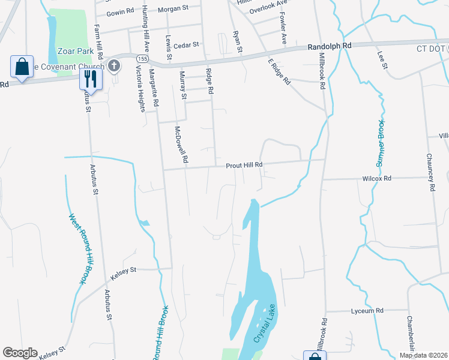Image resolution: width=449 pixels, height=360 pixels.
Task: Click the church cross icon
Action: (x=115, y=65)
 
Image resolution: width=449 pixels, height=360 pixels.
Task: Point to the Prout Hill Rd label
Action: (x=244, y=165)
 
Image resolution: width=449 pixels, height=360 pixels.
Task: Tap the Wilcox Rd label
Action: (x=377, y=179)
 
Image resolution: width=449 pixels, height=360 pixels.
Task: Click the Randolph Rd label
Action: (x=328, y=46)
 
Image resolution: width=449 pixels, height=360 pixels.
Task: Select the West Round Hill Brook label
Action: (x=78, y=249)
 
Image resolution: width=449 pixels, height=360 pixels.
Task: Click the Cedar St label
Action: (x=186, y=44)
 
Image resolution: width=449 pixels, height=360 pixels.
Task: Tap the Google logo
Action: (x=20, y=353)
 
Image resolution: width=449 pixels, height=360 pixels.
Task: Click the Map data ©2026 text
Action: (x=423, y=355)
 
